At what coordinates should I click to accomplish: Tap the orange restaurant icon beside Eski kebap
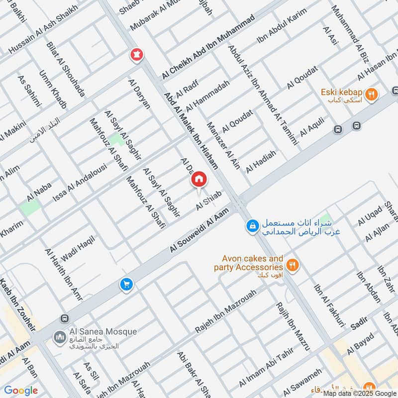click(371, 94)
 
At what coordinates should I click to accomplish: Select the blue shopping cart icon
click(126, 285)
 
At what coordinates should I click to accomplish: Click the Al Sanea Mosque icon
click(60, 338)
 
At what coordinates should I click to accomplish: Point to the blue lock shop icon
click(253, 226)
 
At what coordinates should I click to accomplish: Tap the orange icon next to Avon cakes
click(293, 265)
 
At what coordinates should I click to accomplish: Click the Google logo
click(21, 391)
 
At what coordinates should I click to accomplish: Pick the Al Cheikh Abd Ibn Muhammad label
click(208, 47)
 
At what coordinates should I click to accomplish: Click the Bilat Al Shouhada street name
click(66, 70)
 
